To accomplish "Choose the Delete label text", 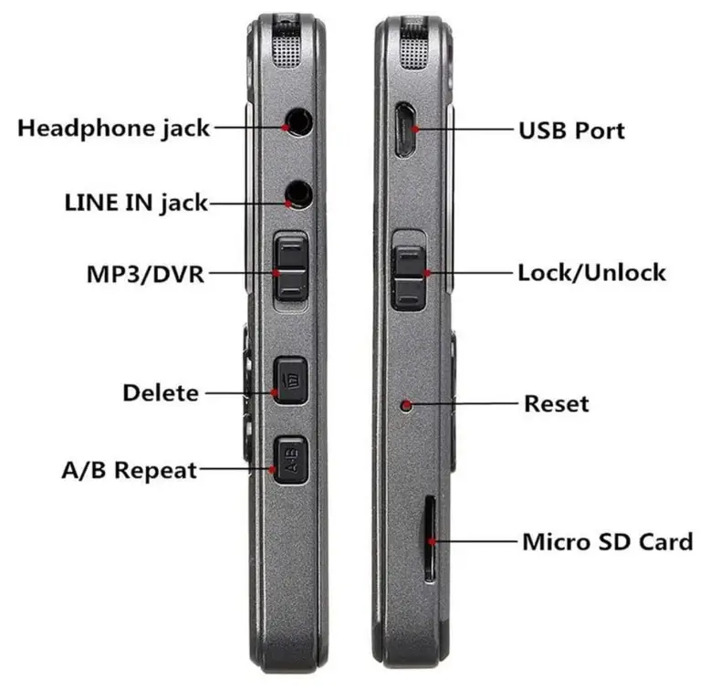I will [x=160, y=393].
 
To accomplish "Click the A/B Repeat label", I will [x=129, y=471].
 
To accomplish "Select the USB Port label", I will [x=571, y=130].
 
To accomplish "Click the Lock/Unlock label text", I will [x=591, y=272].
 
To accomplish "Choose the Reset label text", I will [x=556, y=403].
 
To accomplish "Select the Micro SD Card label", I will [x=607, y=541].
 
